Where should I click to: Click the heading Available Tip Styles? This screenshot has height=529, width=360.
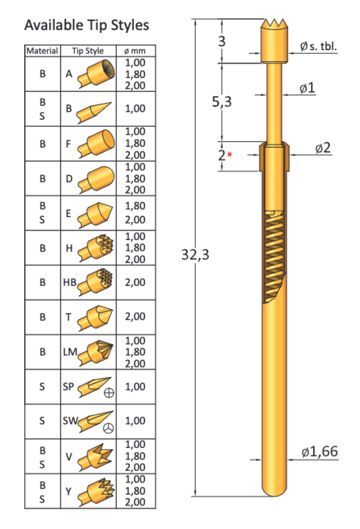pyautogui.click(x=86, y=26)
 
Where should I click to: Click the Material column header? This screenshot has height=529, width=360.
pyautogui.click(x=42, y=51)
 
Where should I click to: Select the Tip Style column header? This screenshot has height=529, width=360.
pyautogui.click(x=88, y=51)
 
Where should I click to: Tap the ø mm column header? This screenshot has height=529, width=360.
pyautogui.click(x=135, y=51)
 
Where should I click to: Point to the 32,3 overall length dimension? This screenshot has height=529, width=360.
pyautogui.click(x=195, y=255)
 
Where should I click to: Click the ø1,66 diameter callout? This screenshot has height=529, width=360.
pyautogui.click(x=320, y=451)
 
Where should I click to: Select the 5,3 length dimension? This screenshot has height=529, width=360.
pyautogui.click(x=222, y=102)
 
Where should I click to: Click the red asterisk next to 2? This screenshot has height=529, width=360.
pyautogui.click(x=230, y=155)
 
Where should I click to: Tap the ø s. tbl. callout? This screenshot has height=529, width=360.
pyautogui.click(x=318, y=46)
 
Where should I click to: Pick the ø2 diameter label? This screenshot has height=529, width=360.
pyautogui.click(x=323, y=148)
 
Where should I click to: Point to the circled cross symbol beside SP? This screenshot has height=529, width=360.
pyautogui.click(x=109, y=393)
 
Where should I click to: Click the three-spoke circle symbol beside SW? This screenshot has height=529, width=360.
pyautogui.click(x=109, y=427)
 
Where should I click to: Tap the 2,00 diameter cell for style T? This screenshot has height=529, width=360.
pyautogui.click(x=135, y=316)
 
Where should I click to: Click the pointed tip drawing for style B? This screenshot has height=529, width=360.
pyautogui.click(x=94, y=109)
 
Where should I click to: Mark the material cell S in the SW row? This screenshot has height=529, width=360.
pyautogui.click(x=42, y=420)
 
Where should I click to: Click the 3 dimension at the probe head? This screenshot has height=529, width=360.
pyautogui.click(x=222, y=42)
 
